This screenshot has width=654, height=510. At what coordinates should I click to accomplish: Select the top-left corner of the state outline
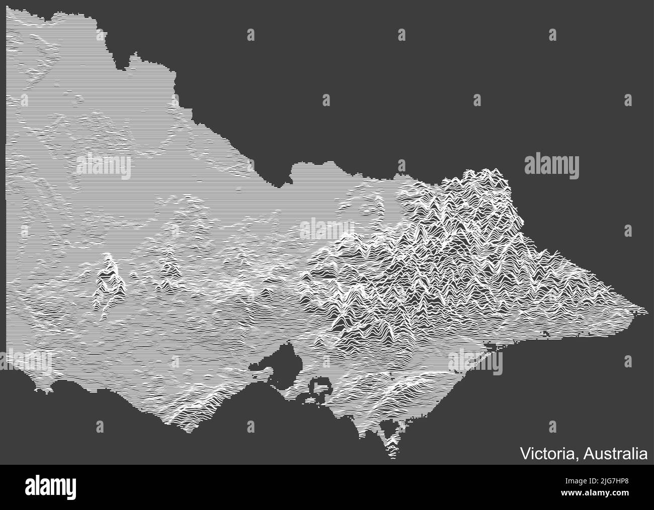pos(7,13)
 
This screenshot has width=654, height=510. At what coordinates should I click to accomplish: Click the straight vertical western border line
pos(6,176)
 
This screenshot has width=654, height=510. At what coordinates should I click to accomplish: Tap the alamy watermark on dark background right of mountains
pos(551,165)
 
